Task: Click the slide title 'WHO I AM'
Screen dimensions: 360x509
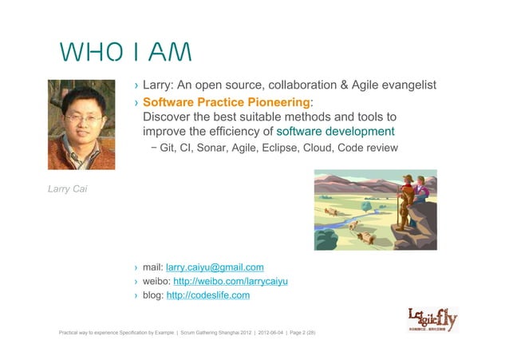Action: (124, 53)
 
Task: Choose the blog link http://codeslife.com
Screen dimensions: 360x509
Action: (208, 295)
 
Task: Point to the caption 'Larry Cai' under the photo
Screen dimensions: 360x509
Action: (66, 189)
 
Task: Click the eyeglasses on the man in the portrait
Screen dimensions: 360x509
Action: (82, 118)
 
